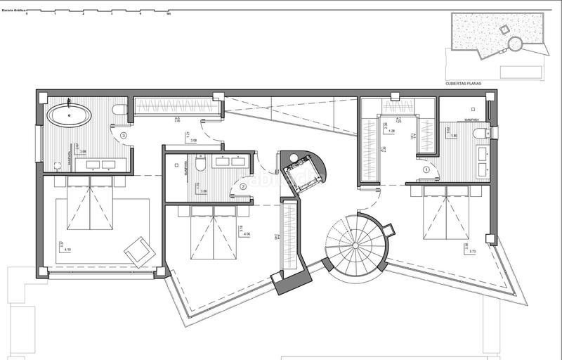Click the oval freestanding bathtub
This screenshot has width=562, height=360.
(x=69, y=115)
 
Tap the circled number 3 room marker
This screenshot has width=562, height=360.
(x=124, y=135)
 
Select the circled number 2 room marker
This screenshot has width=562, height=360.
(x=242, y=187)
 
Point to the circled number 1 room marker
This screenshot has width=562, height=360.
(x=426, y=169)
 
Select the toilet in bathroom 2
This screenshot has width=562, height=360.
(x=201, y=165)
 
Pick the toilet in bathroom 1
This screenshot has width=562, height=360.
(x=481, y=134)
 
